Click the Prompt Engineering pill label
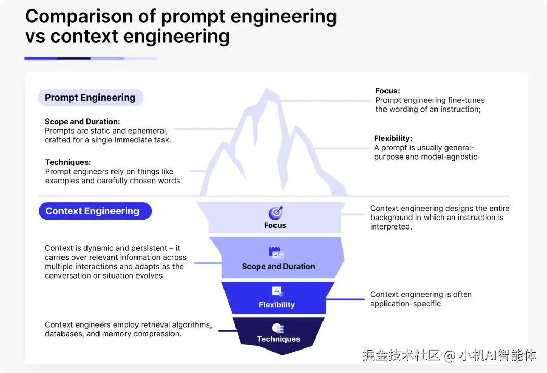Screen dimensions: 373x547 coord(90,98)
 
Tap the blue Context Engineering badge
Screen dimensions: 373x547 coord(92,211)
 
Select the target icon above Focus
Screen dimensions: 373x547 coord(276,213)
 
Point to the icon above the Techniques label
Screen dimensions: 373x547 coord(278,328)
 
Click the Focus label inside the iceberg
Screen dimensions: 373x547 coord(275,226)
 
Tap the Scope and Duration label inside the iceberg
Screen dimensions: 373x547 coord(278,267)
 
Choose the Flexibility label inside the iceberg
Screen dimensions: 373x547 coord(277,305)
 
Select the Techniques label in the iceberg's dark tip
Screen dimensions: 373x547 coord(278,339)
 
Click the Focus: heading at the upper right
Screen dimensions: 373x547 coord(388,91)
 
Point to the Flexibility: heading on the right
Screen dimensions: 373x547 coord(393,139)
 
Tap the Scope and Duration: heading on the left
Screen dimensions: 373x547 coord(82,122)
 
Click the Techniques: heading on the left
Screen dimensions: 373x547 coord(68,162)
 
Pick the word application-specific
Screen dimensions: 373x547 coord(405,304)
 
